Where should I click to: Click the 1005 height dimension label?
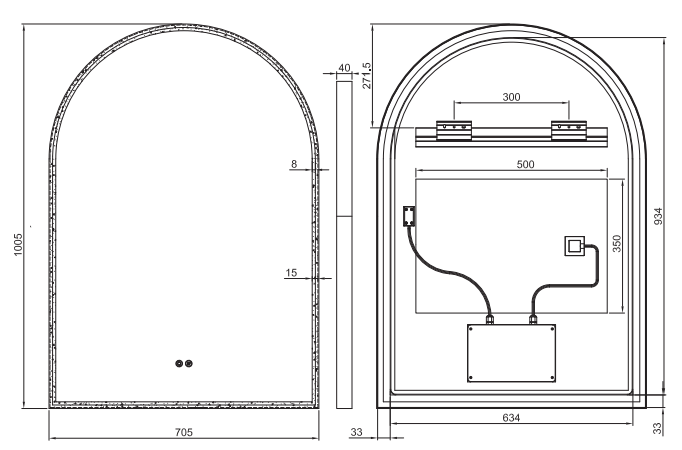(17, 245)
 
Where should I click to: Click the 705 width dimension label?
(184, 432)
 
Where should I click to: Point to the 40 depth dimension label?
(344, 68)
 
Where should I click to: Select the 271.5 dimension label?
(367, 76)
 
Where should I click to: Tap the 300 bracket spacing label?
(511, 97)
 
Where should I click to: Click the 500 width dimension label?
(525, 164)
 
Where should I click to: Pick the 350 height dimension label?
(616, 243)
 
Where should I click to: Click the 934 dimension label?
(659, 216)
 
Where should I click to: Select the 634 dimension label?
(511, 418)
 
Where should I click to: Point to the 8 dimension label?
(294, 164)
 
